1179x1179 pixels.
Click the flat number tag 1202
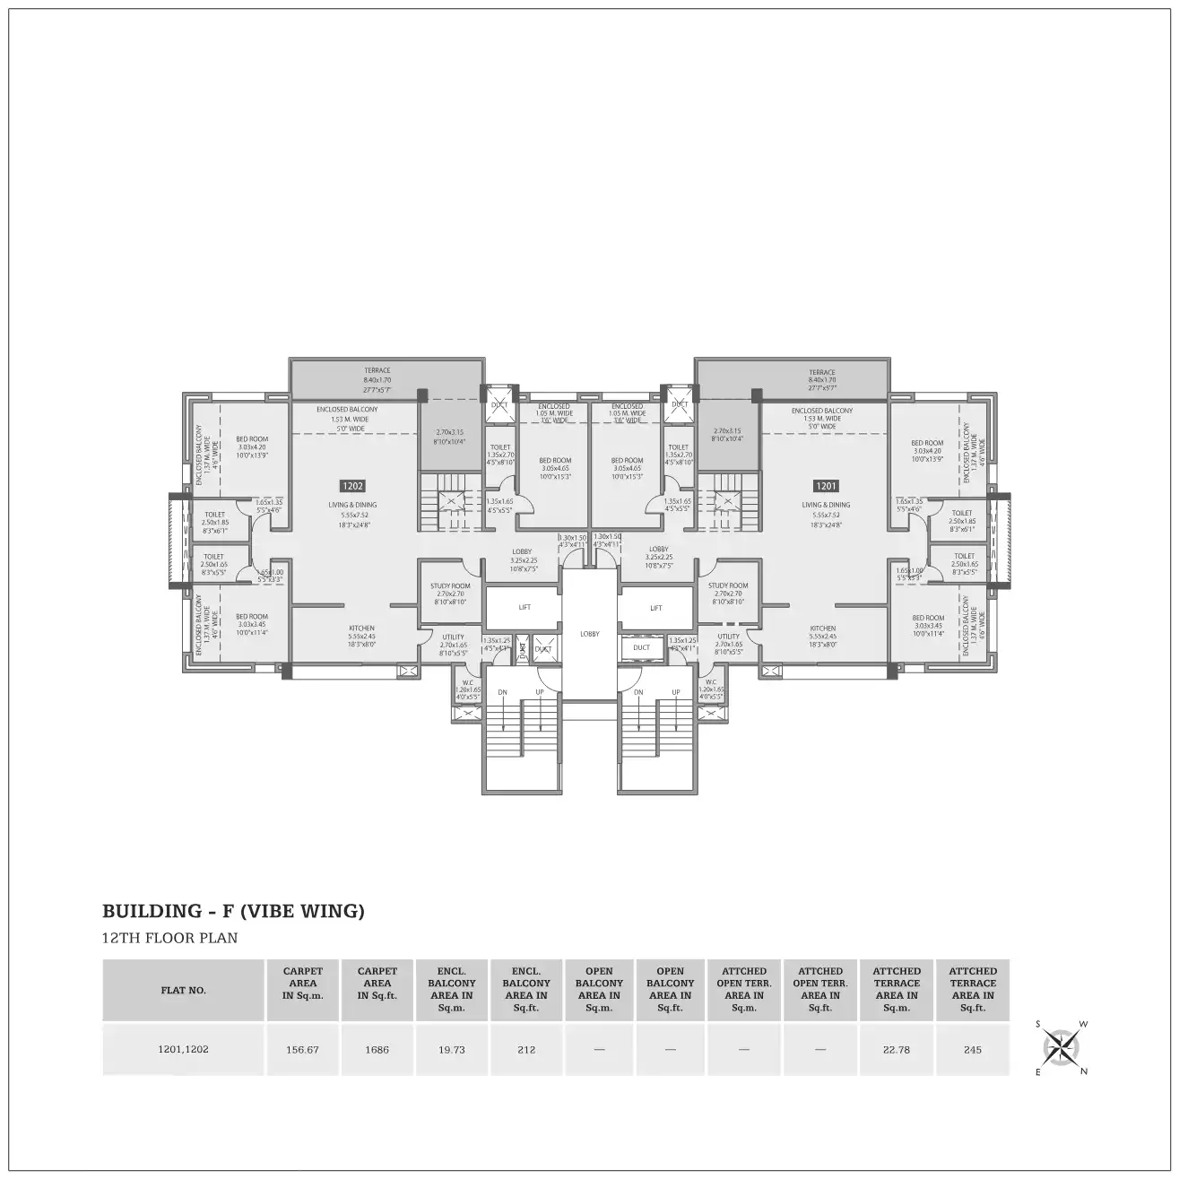click(352, 486)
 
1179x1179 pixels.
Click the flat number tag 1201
click(826, 486)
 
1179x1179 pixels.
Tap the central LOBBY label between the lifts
click(589, 634)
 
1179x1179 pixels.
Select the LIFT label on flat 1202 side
click(524, 607)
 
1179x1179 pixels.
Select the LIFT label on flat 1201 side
click(655, 608)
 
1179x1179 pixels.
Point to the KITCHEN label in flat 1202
click(361, 629)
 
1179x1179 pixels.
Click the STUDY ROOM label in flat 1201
click(728, 585)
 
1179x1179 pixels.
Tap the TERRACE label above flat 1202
click(377, 370)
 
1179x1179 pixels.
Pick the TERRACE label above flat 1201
click(821, 372)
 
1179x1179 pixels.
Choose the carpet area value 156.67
click(303, 1049)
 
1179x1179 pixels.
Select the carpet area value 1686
click(377, 1049)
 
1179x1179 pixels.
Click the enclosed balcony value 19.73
click(452, 1049)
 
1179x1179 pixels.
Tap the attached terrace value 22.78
click(897, 1049)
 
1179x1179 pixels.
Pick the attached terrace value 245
click(973, 1049)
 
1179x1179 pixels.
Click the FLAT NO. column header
click(184, 991)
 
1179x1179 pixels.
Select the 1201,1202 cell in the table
click(184, 1049)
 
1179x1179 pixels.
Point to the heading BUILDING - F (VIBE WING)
click(234, 912)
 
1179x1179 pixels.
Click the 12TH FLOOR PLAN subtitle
click(170, 939)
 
